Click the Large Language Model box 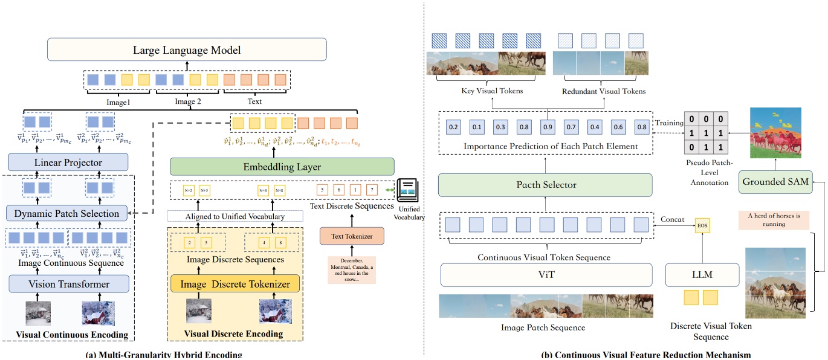click(187, 50)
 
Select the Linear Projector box click(68, 162)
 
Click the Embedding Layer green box click(282, 166)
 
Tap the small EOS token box click(702, 226)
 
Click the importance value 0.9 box click(547, 128)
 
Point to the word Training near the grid click(670, 123)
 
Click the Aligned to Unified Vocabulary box click(235, 216)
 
